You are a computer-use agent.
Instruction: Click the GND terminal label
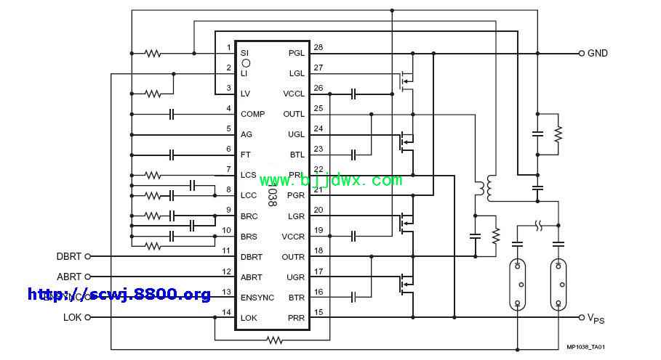pos(598,53)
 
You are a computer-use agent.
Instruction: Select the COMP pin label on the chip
pos(252,114)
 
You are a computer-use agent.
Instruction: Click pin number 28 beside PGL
pos(318,47)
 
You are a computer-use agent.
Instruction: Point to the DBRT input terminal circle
pos(89,256)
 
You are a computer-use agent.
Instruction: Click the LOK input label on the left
pos(72,317)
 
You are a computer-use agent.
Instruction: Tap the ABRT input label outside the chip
pos(70,277)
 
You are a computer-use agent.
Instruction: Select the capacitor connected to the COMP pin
pos(172,114)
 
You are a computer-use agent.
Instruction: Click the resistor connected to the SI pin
pos(153,53)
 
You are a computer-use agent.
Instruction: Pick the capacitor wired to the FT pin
pos(172,155)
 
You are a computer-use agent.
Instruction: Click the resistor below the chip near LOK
pos(274,339)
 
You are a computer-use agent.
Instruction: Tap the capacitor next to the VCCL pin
pos(353,94)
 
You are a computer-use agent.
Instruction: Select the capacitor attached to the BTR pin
pos(353,297)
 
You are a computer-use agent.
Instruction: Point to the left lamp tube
pos(518,283)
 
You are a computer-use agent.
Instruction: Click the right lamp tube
pos(558,283)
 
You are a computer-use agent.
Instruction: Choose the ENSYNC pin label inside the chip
pos(257,297)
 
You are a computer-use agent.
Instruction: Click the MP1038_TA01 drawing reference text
pos(586,348)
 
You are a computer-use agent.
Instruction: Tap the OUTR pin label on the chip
pos(293,256)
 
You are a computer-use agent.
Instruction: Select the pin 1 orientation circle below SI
pos(246,63)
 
